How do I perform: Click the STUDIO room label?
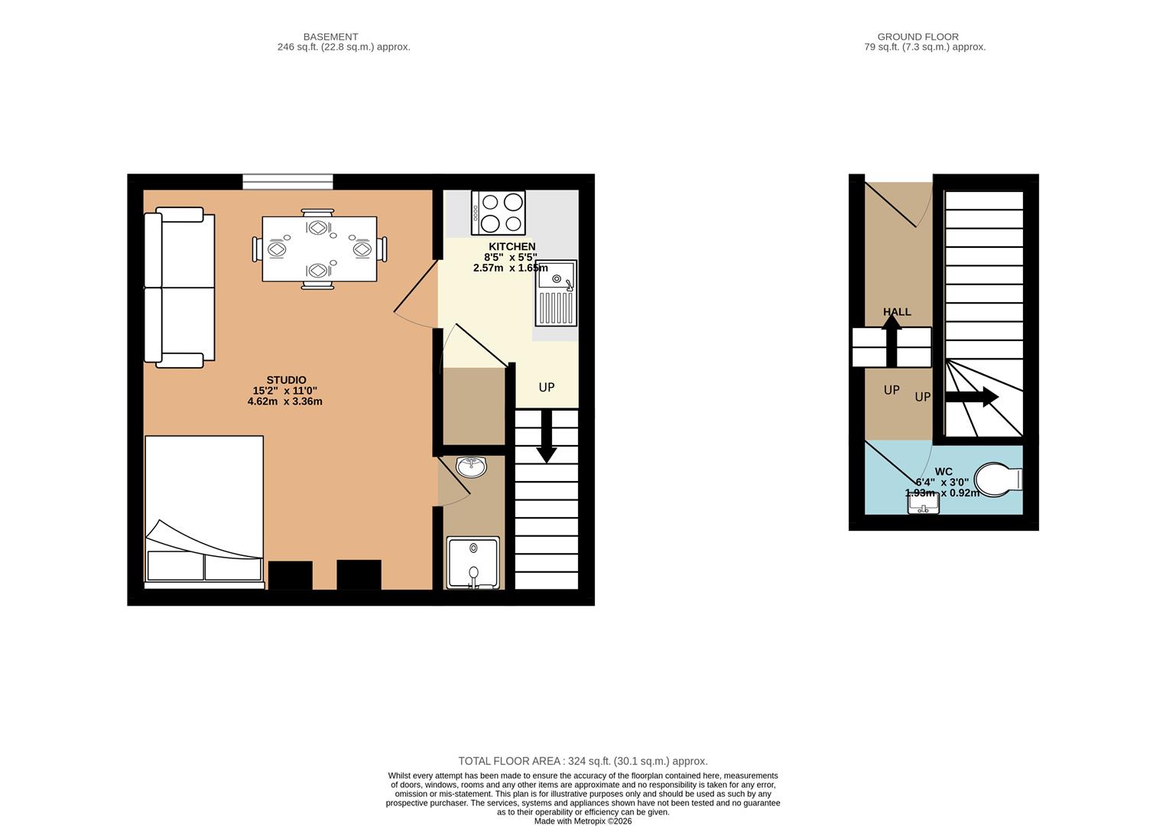[x=286, y=380]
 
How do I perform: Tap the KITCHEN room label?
[x=512, y=246]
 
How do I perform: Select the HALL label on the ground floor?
[x=897, y=312]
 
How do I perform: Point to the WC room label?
[x=944, y=471]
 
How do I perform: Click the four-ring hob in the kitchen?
[x=499, y=213]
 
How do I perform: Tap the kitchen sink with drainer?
[x=556, y=293]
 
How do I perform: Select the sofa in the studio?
[x=180, y=288]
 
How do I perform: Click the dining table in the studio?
[x=319, y=249]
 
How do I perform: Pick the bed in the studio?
[x=204, y=512]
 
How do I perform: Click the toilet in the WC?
[x=998, y=479]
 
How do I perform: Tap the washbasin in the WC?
[x=924, y=503]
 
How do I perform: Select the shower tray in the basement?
[x=473, y=563]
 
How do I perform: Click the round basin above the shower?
[x=472, y=467]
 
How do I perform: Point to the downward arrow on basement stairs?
[x=547, y=437]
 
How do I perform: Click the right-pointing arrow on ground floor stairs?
[x=972, y=397]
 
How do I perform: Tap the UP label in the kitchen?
[x=547, y=388]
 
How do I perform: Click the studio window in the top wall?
[x=287, y=182]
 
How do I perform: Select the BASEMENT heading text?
[x=330, y=37]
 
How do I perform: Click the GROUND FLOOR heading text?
[x=918, y=37]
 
